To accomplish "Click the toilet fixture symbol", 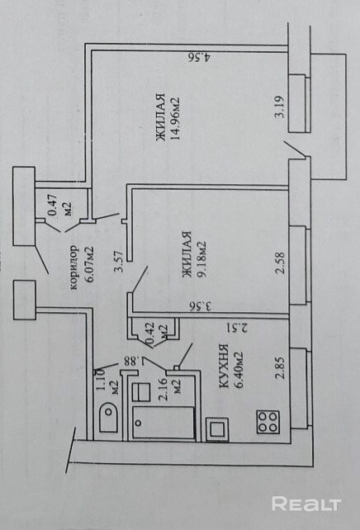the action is pos(109,417).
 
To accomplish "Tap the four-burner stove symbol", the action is pos(268,422).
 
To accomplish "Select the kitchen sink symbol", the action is pos(216,429).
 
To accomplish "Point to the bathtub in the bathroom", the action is pos(163,423).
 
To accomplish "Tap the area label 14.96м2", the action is pos(175,119).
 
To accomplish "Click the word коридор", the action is pos(73,267).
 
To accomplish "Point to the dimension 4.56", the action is pos(200,57).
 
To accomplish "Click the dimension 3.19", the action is pos(280,106).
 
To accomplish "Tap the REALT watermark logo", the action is pos(306,504).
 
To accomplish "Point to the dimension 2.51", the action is pos(237,327).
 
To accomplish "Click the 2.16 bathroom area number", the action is pos(163,389).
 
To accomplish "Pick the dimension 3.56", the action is pos(201,306).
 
